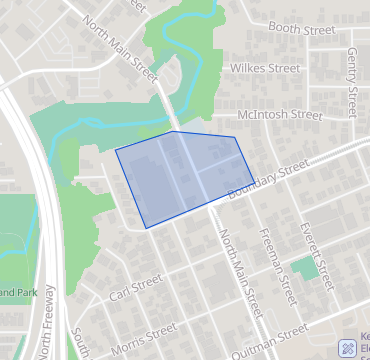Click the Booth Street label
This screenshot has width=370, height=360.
(x=295, y=29)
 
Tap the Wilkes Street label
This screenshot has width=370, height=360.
(x=264, y=69)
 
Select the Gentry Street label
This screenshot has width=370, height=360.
(x=352, y=79)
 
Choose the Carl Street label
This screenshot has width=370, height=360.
(x=136, y=289)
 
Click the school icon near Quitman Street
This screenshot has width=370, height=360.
(x=348, y=348)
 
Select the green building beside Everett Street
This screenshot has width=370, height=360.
(x=304, y=268)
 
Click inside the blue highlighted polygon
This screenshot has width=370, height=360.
(x=180, y=175)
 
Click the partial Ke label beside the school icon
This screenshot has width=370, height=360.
(x=364, y=337)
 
